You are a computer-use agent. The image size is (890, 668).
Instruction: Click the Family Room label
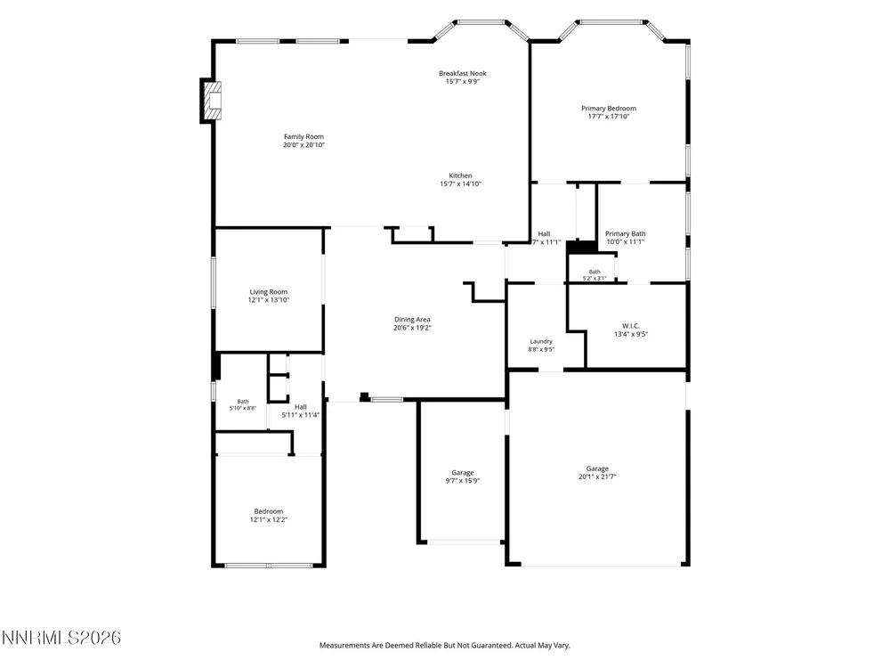303,136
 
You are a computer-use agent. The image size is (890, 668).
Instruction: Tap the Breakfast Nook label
463,73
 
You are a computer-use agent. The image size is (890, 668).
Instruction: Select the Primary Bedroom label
609,109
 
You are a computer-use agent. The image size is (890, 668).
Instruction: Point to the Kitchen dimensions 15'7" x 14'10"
460,184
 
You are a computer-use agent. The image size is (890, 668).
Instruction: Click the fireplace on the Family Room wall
211,101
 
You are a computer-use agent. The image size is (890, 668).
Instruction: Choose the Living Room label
269,292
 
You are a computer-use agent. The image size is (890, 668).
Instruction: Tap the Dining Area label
412,320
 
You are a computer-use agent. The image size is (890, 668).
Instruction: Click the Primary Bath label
625,233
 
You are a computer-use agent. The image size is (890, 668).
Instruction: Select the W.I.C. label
631,326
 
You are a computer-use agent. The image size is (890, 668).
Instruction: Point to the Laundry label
541,341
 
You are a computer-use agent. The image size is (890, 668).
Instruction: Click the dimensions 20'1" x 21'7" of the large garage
597,477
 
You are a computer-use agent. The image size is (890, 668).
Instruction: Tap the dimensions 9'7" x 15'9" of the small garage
463,481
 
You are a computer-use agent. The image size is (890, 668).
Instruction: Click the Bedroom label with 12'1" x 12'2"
269,511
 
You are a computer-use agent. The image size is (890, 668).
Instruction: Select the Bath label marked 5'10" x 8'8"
243,402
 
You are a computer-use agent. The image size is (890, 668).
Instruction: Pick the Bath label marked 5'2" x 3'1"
595,272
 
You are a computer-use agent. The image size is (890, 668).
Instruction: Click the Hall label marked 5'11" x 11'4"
300,407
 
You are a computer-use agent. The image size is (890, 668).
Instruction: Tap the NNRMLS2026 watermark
61,638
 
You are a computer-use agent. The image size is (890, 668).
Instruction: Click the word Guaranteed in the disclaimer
490,645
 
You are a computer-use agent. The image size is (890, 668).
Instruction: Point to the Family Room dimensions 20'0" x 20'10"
303,145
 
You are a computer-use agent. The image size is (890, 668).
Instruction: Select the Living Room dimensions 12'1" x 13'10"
269,300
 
